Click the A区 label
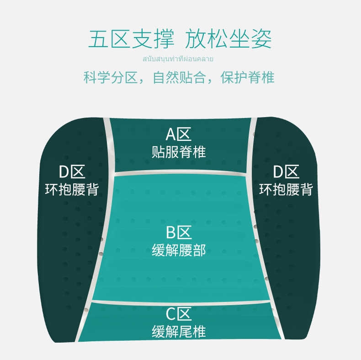pyautogui.click(x=178, y=134)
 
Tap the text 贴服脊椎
pyautogui.click(x=179, y=152)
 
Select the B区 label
pyautogui.click(x=178, y=232)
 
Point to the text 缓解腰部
pyautogui.click(x=179, y=250)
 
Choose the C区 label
pyautogui.click(x=178, y=314)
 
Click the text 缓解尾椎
pyautogui.click(x=179, y=332)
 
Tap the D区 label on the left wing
pyautogui.click(x=72, y=172)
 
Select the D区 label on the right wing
pyautogui.click(x=286, y=172)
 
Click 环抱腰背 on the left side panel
pyautogui.click(x=72, y=189)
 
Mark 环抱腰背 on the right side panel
pyautogui.click(x=286, y=189)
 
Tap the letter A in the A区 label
pyautogui.click(x=171, y=134)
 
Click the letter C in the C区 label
pyautogui.click(x=171, y=314)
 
